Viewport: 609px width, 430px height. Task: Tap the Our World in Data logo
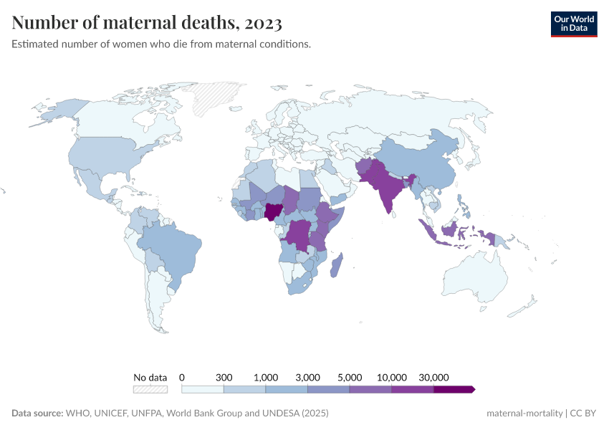(573, 24)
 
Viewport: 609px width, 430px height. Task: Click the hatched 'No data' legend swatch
(150, 389)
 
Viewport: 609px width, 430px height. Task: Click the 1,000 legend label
(266, 377)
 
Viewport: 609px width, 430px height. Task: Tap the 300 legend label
(224, 377)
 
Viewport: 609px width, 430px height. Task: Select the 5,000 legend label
(350, 377)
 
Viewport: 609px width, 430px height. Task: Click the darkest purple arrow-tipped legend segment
(454, 389)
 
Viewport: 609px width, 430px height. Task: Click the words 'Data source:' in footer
(37, 414)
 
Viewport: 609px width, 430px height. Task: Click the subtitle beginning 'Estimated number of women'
(161, 44)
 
